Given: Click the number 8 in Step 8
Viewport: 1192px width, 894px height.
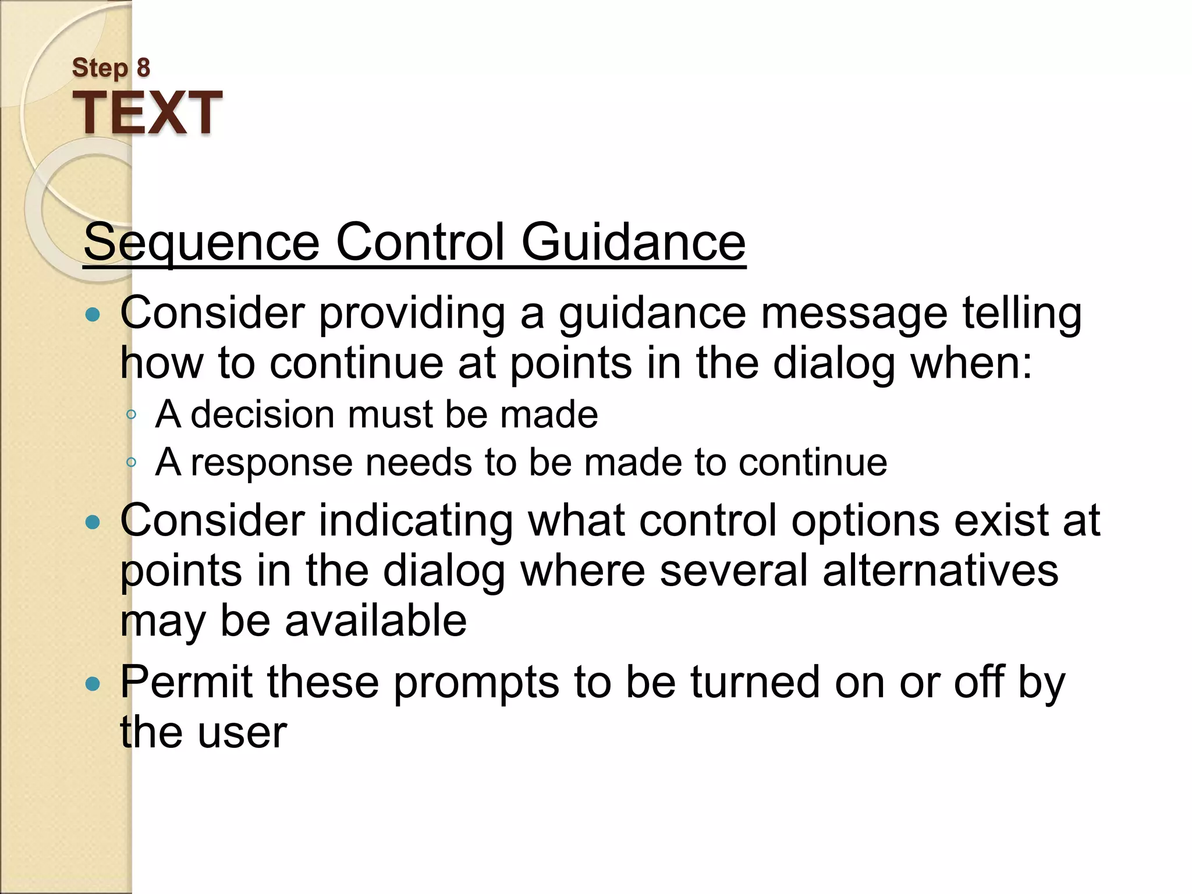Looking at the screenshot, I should (143, 68).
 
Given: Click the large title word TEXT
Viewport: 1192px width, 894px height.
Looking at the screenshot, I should (147, 113).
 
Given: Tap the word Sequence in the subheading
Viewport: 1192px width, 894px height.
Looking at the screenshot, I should (201, 243).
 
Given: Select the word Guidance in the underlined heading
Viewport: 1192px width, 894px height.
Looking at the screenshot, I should (633, 243).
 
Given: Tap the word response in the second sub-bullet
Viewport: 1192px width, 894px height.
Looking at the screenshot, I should (272, 463).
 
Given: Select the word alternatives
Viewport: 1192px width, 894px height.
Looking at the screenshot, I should (940, 570).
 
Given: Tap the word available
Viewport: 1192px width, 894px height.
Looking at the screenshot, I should (375, 620).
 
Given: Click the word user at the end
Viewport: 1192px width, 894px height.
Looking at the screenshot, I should (242, 733).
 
